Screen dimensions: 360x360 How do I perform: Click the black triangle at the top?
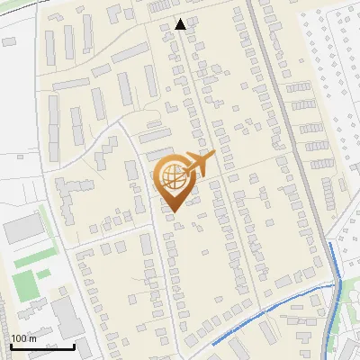click(x=181, y=24)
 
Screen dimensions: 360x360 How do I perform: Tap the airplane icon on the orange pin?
click(x=199, y=165)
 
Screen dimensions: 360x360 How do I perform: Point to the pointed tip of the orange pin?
click(x=172, y=211)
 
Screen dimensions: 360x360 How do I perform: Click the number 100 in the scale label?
click(x=19, y=338)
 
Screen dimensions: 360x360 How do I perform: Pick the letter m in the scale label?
click(x=33, y=338)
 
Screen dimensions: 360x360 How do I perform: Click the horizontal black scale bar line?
click(x=42, y=346)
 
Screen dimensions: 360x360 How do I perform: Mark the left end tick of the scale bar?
click(x=12, y=344)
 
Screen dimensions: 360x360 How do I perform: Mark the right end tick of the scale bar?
click(x=74, y=344)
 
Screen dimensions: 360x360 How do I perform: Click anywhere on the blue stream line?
click(x=270, y=309)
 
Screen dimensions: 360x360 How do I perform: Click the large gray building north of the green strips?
click(x=20, y=229)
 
